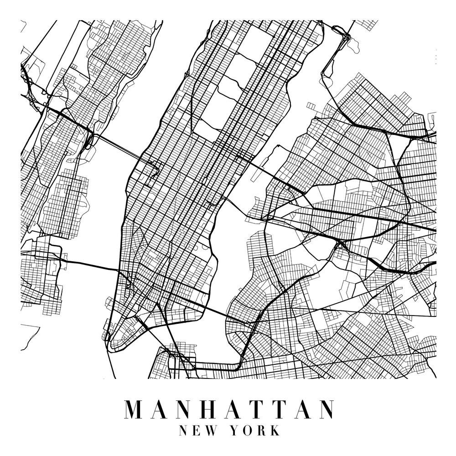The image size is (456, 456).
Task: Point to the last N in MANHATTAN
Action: click(x=324, y=409)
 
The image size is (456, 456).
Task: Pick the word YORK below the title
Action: click(x=255, y=430)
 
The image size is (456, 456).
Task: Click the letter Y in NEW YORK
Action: click(x=235, y=430)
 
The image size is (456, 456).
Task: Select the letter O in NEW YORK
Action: click(x=248, y=430)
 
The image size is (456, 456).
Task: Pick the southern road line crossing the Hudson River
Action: click(x=91, y=266)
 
